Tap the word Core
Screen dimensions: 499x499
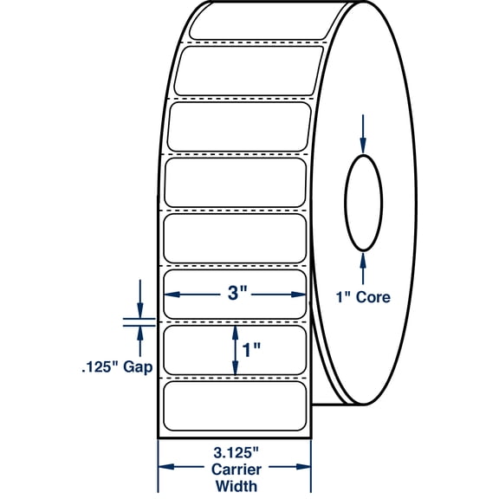pos(374,298)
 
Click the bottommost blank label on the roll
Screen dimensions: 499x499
pos(233,402)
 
